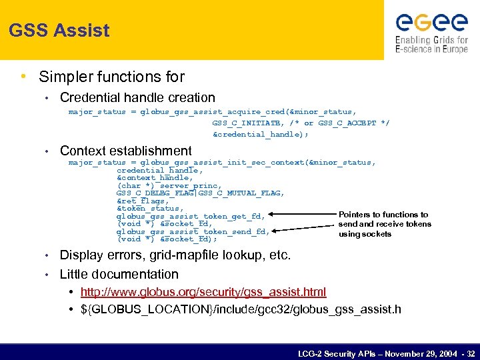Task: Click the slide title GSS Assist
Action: click(59, 30)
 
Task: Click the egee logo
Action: click(431, 23)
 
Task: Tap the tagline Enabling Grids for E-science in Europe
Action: click(431, 45)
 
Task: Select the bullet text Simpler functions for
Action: click(111, 77)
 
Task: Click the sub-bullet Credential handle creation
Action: click(137, 98)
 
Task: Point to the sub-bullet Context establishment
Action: click(125, 151)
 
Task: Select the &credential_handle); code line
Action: click(261, 134)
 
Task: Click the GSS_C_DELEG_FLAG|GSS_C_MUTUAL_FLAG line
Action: click(200, 193)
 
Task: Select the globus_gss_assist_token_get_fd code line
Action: click(191, 216)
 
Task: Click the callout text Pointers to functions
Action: click(383, 215)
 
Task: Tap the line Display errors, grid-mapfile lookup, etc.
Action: click(175, 255)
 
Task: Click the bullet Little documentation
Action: click(119, 274)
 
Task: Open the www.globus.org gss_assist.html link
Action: click(203, 292)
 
